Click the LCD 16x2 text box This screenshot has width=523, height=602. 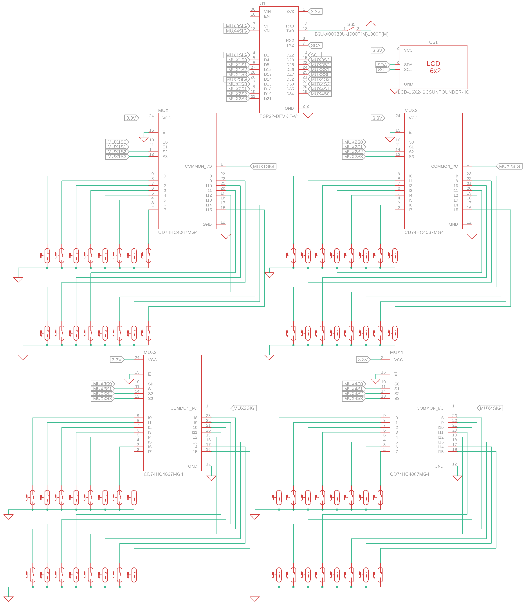coord(433,67)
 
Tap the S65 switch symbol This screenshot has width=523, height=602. coord(351,29)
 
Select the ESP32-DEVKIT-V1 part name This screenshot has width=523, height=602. coord(279,116)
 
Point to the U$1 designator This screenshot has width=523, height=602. coord(433,42)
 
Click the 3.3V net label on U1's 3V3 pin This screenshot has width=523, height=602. coord(316,12)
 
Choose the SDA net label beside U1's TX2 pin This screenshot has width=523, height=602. coord(316,46)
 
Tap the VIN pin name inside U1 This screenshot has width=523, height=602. coord(267,12)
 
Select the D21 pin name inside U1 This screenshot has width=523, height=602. coord(268,99)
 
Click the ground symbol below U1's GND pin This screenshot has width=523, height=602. coord(308,115)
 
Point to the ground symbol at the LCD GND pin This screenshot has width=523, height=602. coord(395,91)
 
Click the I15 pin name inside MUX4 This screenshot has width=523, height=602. coord(440,452)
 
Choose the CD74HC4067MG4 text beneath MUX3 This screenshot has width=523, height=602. coord(424,233)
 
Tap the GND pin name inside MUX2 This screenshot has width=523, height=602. coord(193,466)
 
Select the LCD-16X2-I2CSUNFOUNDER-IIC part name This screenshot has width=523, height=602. coord(433,92)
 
